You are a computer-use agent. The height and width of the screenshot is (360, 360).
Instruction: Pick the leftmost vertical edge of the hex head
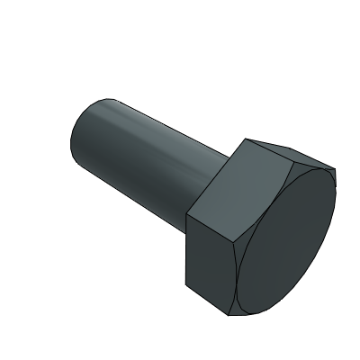click(185, 252)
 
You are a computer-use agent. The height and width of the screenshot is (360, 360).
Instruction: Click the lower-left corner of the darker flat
click(185, 286)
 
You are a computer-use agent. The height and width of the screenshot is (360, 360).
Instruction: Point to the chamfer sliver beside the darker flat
click(238, 279)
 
